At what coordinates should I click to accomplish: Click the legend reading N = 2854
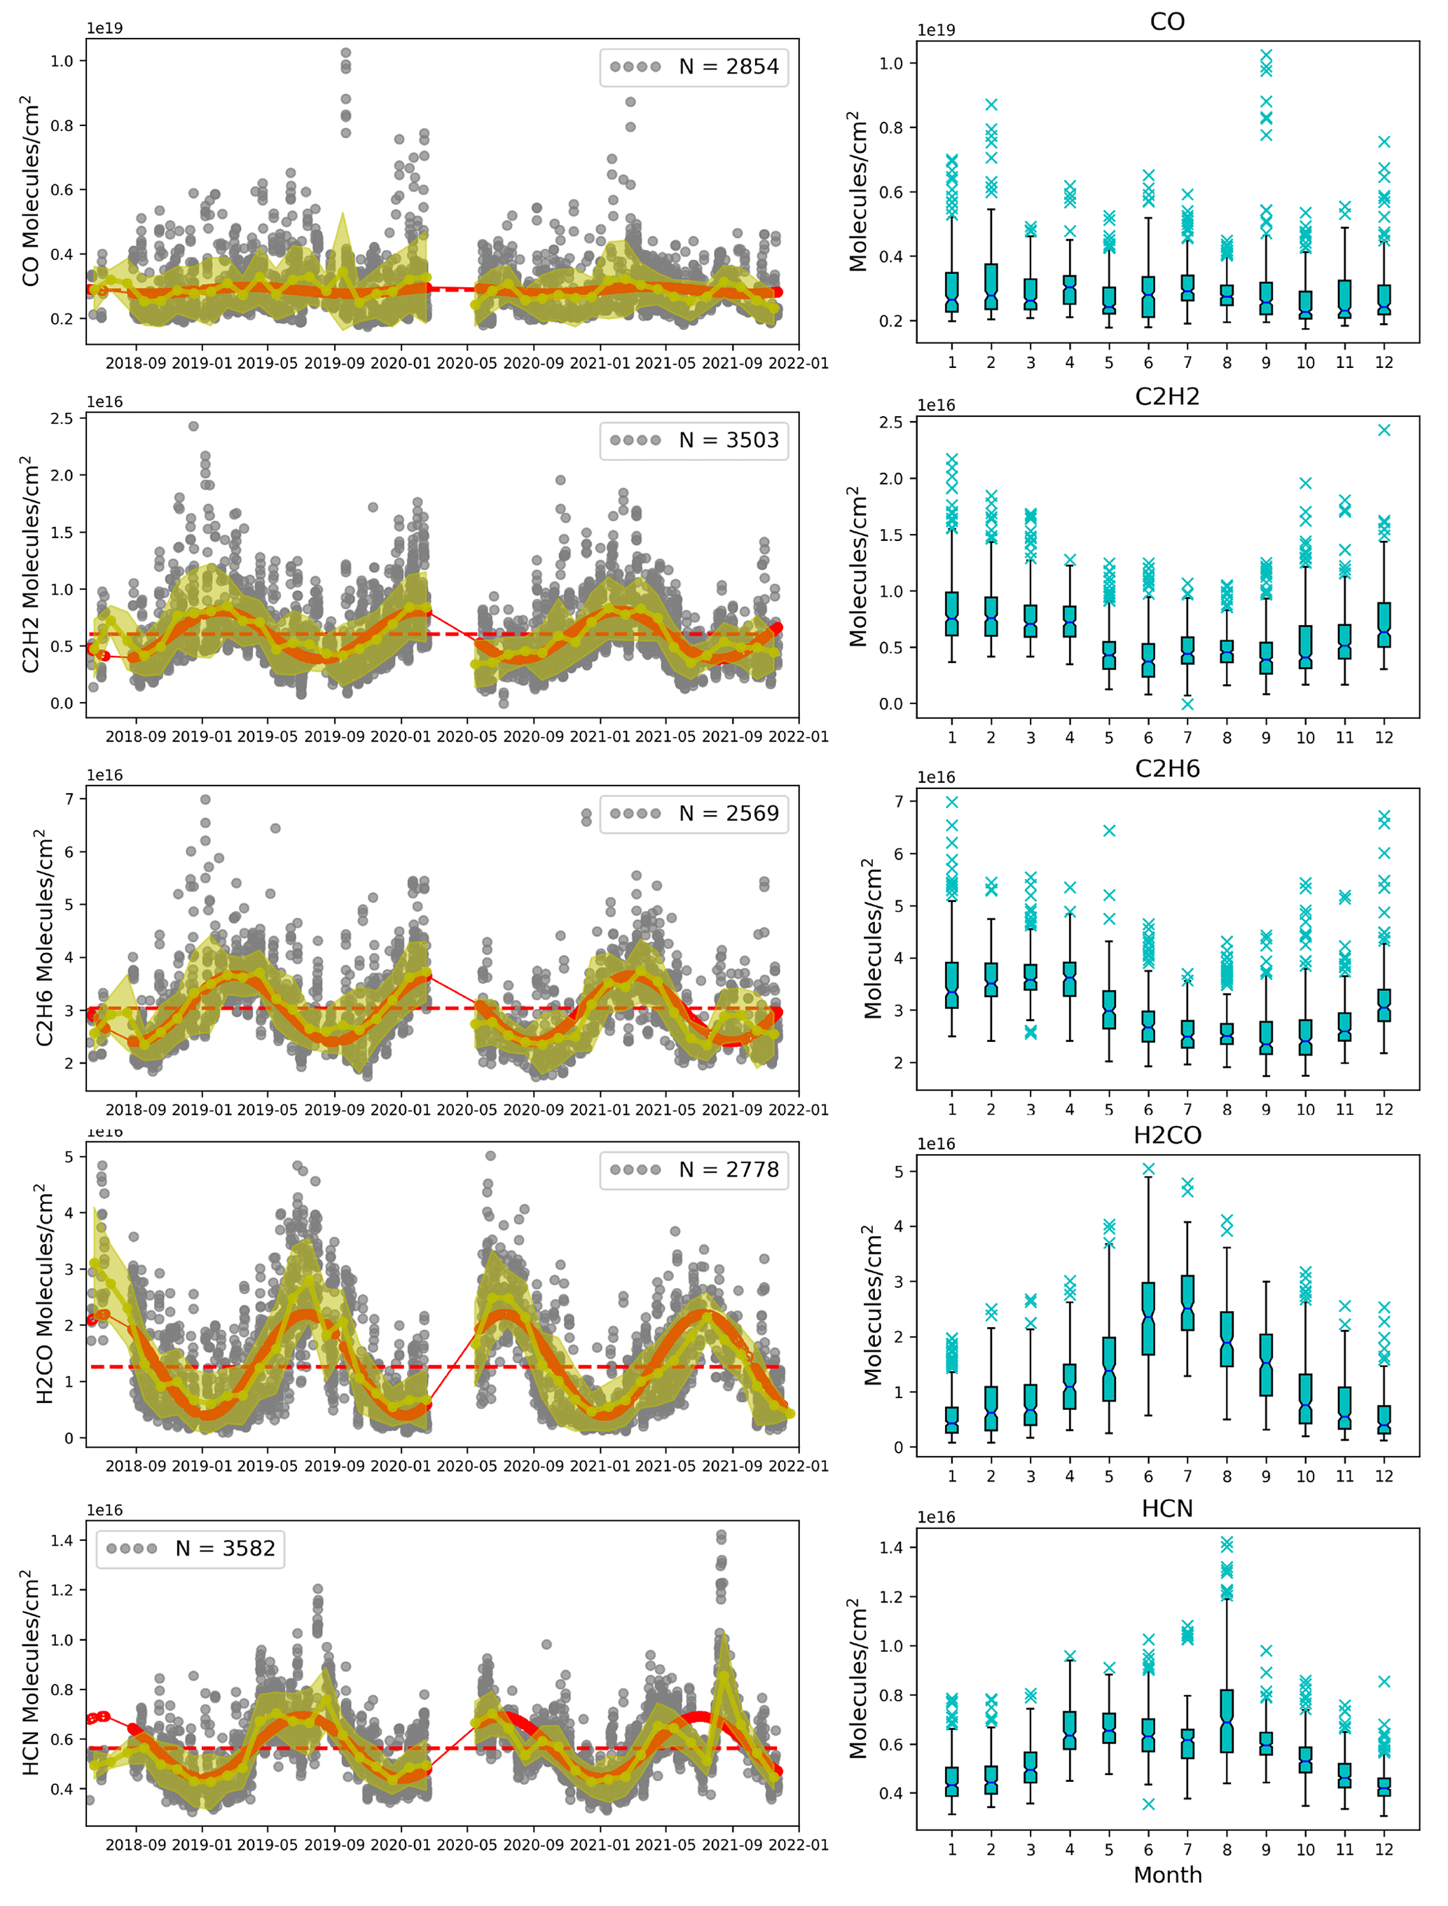694,67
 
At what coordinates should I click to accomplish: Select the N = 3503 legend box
694,441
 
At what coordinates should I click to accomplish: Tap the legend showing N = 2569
694,814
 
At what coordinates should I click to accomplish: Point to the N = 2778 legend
694,1170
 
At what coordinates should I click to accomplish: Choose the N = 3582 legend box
191,1549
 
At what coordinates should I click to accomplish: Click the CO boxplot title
1167,22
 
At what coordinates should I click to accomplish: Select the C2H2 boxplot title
1167,397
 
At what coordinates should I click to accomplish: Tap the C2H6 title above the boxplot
1167,769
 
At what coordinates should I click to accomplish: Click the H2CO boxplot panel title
1167,1135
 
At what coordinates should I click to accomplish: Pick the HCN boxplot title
1167,1509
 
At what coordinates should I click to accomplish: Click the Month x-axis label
1167,1875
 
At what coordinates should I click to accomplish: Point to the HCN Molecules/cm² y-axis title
31,1673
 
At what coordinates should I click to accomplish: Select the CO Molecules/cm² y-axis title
31,191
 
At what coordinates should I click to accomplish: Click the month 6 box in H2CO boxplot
1148,1318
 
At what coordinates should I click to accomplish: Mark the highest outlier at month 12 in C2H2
1384,430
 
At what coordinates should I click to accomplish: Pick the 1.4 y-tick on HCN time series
62,1540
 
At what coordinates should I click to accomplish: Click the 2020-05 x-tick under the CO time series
467,364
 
